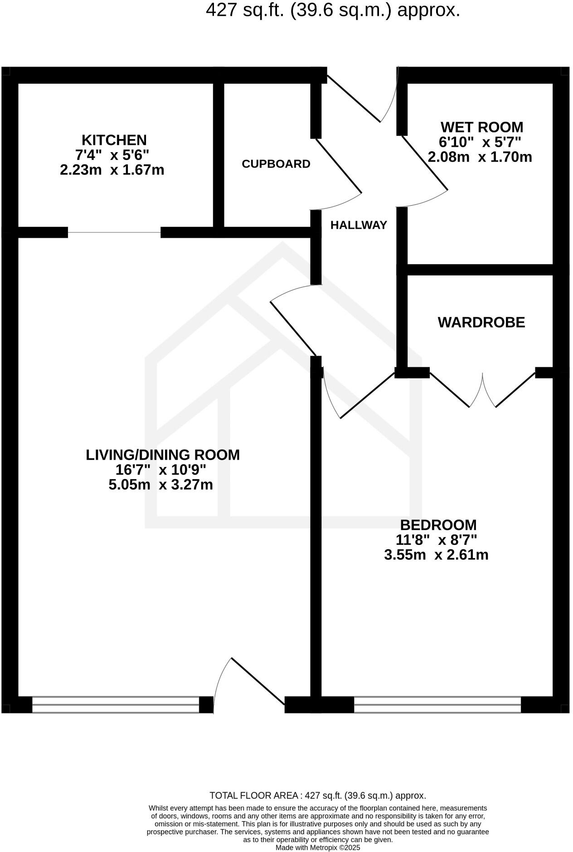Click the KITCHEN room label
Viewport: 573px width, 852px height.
pos(114,140)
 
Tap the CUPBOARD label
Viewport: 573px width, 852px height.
pos(276,164)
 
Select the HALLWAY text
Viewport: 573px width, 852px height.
pos(359,225)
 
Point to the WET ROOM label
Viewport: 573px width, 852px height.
pos(481,127)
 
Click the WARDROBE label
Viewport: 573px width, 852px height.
pos(481,323)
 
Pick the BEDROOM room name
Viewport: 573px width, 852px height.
pos(438,525)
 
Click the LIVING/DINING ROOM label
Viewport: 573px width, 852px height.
pos(163,455)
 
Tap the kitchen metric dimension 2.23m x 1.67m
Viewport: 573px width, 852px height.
pos(112,170)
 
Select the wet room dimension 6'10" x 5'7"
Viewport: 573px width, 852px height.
pos(480,142)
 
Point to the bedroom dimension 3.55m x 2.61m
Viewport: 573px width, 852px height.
pos(436,555)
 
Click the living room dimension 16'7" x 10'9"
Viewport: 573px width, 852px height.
pos(161,470)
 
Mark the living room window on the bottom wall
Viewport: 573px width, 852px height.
pos(116,705)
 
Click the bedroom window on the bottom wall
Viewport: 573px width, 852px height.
pos(437,705)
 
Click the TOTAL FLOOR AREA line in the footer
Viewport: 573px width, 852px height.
pos(317,795)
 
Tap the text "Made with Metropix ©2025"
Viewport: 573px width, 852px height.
pos(318,847)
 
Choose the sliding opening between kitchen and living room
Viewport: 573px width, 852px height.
pos(114,232)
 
